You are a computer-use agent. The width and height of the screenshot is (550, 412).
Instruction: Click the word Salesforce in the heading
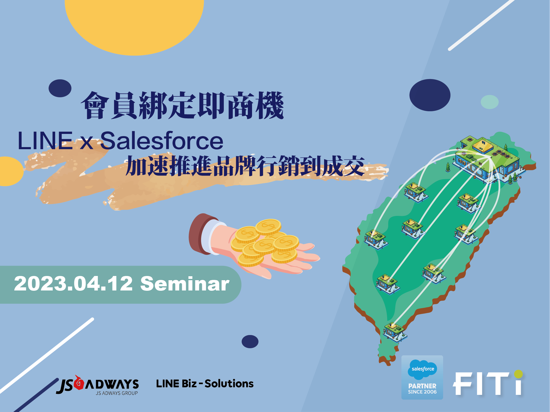pos(162,141)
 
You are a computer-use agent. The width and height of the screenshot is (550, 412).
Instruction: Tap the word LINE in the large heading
pos(45,141)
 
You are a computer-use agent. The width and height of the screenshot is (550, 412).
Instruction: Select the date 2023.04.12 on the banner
pos(73,284)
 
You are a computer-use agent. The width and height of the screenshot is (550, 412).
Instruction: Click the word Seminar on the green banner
pos(185,284)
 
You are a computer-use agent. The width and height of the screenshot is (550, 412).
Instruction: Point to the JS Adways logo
pos(98,385)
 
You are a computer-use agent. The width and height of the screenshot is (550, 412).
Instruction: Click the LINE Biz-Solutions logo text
pos(205,384)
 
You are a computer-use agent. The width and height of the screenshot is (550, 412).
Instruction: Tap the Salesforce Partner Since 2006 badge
pos(422,377)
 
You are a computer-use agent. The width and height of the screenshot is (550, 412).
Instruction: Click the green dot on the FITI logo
pos(518,374)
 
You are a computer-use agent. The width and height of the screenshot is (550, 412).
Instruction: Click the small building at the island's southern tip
pos(395,331)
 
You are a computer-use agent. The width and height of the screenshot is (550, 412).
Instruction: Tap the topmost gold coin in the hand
pos(268,226)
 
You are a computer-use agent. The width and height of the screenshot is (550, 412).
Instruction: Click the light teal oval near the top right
pos(490,102)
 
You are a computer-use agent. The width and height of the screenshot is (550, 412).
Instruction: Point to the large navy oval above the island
pos(430,95)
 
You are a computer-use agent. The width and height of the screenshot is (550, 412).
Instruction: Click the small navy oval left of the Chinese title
pos(60,88)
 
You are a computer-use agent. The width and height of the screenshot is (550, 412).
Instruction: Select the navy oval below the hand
pos(250,342)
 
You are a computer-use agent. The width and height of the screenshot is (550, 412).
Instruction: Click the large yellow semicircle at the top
pos(134,24)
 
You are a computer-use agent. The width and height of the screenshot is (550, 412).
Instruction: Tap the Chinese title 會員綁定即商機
pos(182,105)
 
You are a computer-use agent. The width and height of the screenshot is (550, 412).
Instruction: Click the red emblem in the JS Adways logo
pos(78,383)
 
